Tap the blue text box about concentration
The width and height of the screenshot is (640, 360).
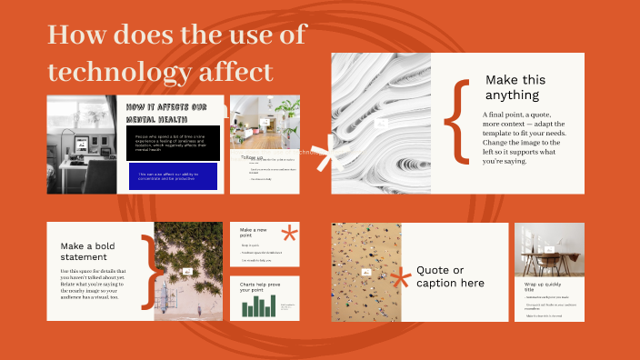point(173,175)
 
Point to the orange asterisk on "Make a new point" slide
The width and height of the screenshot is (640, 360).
point(289,234)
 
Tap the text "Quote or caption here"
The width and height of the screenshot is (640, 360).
point(450,276)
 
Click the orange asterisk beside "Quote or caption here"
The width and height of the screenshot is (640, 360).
point(399,277)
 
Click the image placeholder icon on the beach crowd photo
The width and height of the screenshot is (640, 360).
point(366,271)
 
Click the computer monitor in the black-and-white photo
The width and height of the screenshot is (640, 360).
point(79,141)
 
